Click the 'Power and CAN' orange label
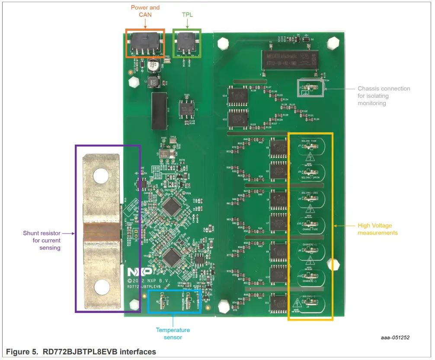(145, 11)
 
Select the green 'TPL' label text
(187, 14)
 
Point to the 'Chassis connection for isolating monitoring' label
(384, 96)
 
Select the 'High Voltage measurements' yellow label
(377, 229)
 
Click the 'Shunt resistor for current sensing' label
(42, 240)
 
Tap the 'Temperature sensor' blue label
(173, 334)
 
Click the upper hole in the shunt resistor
(101, 175)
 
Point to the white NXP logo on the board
(140, 272)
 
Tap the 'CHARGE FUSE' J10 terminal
(310, 224)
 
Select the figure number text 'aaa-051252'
(395, 337)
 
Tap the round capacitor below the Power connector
(153, 66)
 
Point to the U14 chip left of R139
(238, 97)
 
